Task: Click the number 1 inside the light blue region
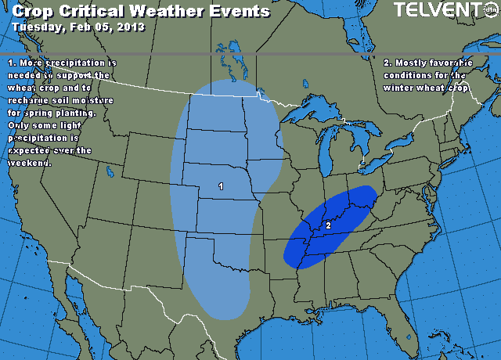(x=221, y=186)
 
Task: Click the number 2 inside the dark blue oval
(x=328, y=225)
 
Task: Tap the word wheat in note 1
(x=23, y=88)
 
